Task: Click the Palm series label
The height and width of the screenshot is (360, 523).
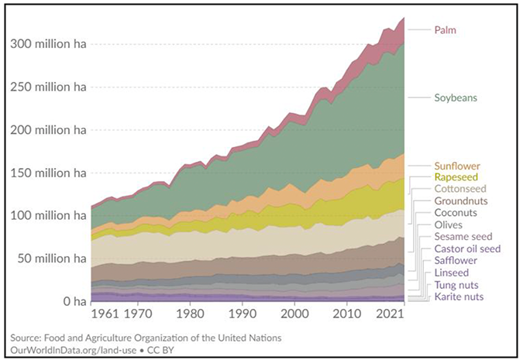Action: point(446,29)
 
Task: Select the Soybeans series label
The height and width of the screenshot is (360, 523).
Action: point(455,98)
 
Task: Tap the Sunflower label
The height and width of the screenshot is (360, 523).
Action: point(457,166)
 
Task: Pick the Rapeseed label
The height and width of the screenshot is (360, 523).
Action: point(456,177)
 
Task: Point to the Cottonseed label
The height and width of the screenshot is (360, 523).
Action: point(460,189)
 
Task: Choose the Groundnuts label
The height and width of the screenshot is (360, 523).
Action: point(460,201)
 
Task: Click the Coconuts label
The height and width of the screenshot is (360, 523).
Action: point(456,212)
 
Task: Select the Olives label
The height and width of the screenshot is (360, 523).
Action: point(449,225)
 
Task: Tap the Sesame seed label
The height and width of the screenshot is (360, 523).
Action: point(463,236)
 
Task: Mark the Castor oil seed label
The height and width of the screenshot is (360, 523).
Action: point(468,249)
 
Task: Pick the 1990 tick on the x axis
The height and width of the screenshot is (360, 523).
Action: point(243,315)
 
